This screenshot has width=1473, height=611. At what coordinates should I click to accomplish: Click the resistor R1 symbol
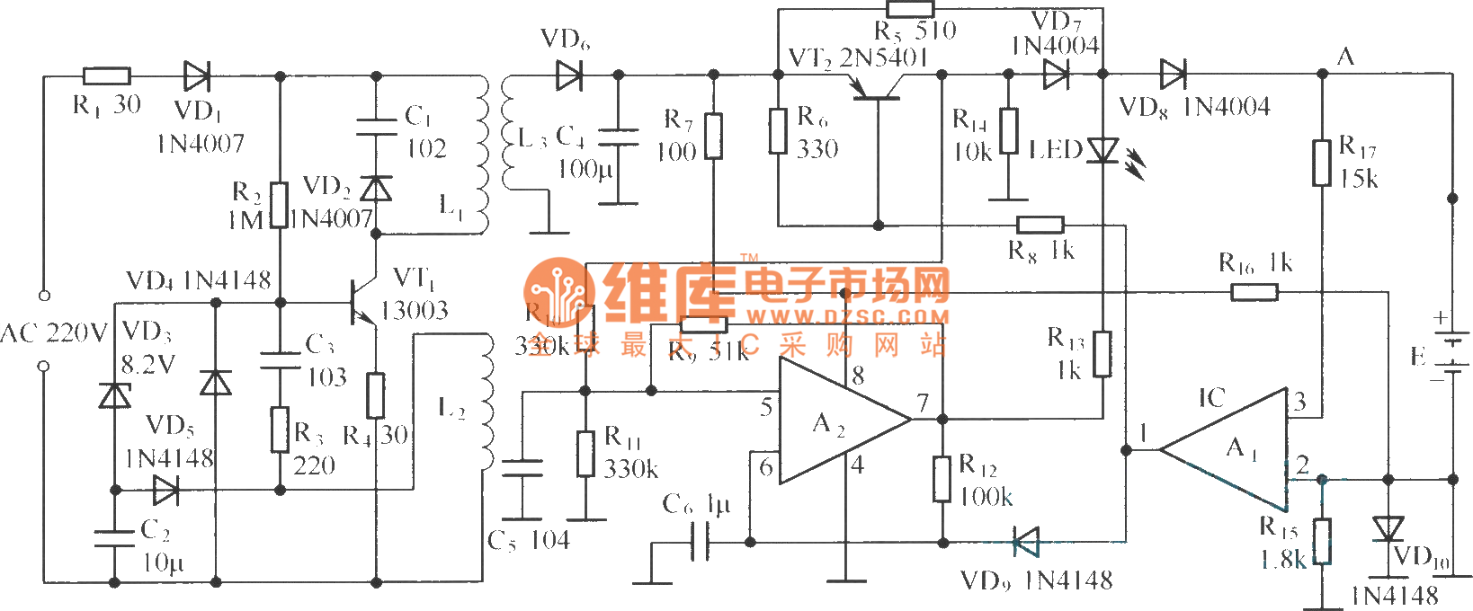107,76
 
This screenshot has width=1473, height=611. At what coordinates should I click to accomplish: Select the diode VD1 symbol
196,76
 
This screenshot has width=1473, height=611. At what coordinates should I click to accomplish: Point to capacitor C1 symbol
377,126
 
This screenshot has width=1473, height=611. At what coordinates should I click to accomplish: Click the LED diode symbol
1103,150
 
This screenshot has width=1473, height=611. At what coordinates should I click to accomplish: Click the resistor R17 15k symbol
1322,163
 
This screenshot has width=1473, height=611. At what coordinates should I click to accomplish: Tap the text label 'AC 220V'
53,333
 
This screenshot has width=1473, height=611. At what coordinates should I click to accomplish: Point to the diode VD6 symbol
568,75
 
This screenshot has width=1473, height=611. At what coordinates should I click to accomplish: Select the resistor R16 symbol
1254,291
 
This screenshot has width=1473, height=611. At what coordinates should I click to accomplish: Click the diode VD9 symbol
1025,542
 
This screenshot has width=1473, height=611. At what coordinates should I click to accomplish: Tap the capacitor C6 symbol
700,542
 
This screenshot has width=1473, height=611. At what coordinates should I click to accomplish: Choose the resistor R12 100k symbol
942,479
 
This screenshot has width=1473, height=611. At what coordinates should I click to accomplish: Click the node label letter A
1345,57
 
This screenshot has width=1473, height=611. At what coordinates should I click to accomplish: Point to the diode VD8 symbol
1173,75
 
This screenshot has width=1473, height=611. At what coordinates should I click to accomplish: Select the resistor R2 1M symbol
280,205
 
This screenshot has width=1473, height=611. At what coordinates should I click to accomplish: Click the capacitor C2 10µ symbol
115,537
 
